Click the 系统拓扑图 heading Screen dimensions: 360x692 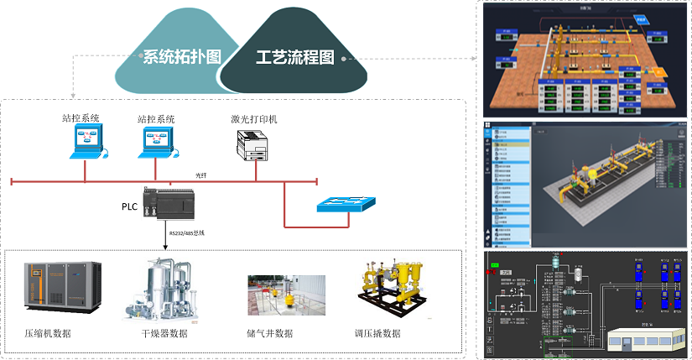click(181, 57)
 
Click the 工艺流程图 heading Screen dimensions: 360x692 click(294, 57)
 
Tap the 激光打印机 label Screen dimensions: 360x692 click(254, 120)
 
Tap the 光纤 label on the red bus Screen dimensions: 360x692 click(200, 175)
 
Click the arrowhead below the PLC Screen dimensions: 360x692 click(165, 247)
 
